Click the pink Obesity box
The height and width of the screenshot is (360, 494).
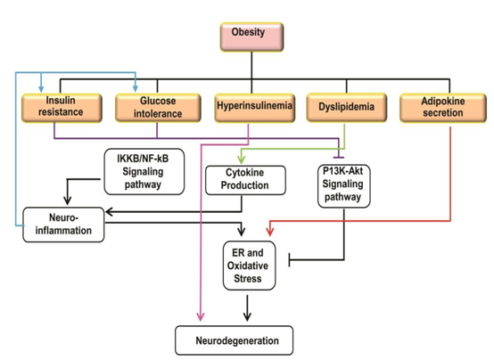[251, 37]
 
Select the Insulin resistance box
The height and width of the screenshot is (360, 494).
[62, 108]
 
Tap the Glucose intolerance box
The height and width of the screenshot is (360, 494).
[158, 108]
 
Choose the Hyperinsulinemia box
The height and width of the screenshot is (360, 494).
[254, 108]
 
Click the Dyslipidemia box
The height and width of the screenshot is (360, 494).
[347, 108]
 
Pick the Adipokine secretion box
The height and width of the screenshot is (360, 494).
[443, 108]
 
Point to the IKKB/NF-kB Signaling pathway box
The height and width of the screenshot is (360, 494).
[144, 172]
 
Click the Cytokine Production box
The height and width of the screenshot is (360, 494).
[245, 180]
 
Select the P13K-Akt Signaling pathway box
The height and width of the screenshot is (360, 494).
[343, 186]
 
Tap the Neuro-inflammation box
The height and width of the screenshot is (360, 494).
[63, 225]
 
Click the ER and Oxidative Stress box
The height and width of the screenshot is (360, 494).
[249, 266]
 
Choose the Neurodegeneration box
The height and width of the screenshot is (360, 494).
[235, 340]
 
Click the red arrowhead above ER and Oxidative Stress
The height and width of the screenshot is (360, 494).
[269, 231]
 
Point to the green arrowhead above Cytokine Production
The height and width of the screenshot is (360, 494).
[242, 159]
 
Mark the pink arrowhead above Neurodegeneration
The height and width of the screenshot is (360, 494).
[201, 316]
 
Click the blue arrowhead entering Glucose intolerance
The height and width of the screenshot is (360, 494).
[136, 88]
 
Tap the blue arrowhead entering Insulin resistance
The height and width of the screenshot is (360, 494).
[41, 88]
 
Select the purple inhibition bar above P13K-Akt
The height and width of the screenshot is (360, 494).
[339, 157]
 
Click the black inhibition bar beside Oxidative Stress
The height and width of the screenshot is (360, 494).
[290, 260]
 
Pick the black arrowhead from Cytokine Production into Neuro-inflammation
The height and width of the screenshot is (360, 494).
[109, 212]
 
